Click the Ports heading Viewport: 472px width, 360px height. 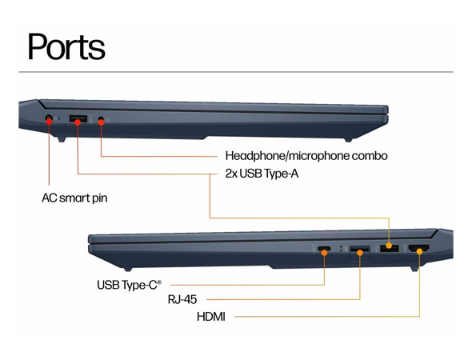point(66,46)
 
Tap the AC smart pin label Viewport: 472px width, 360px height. point(74,198)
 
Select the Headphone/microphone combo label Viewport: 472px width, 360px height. point(306,156)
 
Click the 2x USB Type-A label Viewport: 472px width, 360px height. point(262,174)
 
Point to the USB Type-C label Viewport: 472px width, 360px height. point(129,285)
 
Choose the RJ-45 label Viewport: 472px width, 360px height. point(182,299)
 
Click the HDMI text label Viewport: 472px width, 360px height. point(211,317)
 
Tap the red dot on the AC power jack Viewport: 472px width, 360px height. point(49,120)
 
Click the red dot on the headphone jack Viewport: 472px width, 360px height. point(101,122)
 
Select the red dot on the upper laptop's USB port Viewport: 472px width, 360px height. point(78,122)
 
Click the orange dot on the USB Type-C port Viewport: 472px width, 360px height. point(324,253)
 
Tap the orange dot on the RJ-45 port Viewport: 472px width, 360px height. point(360,253)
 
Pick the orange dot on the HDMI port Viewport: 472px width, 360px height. point(420,251)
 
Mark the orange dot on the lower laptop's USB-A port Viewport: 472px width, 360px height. point(389,246)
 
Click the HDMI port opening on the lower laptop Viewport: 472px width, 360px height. point(418,248)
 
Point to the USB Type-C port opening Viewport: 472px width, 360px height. point(324,249)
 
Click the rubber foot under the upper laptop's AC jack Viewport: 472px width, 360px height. point(61,139)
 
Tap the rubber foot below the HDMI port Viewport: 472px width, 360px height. point(415,269)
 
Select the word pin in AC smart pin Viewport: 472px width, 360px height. point(100,198)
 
